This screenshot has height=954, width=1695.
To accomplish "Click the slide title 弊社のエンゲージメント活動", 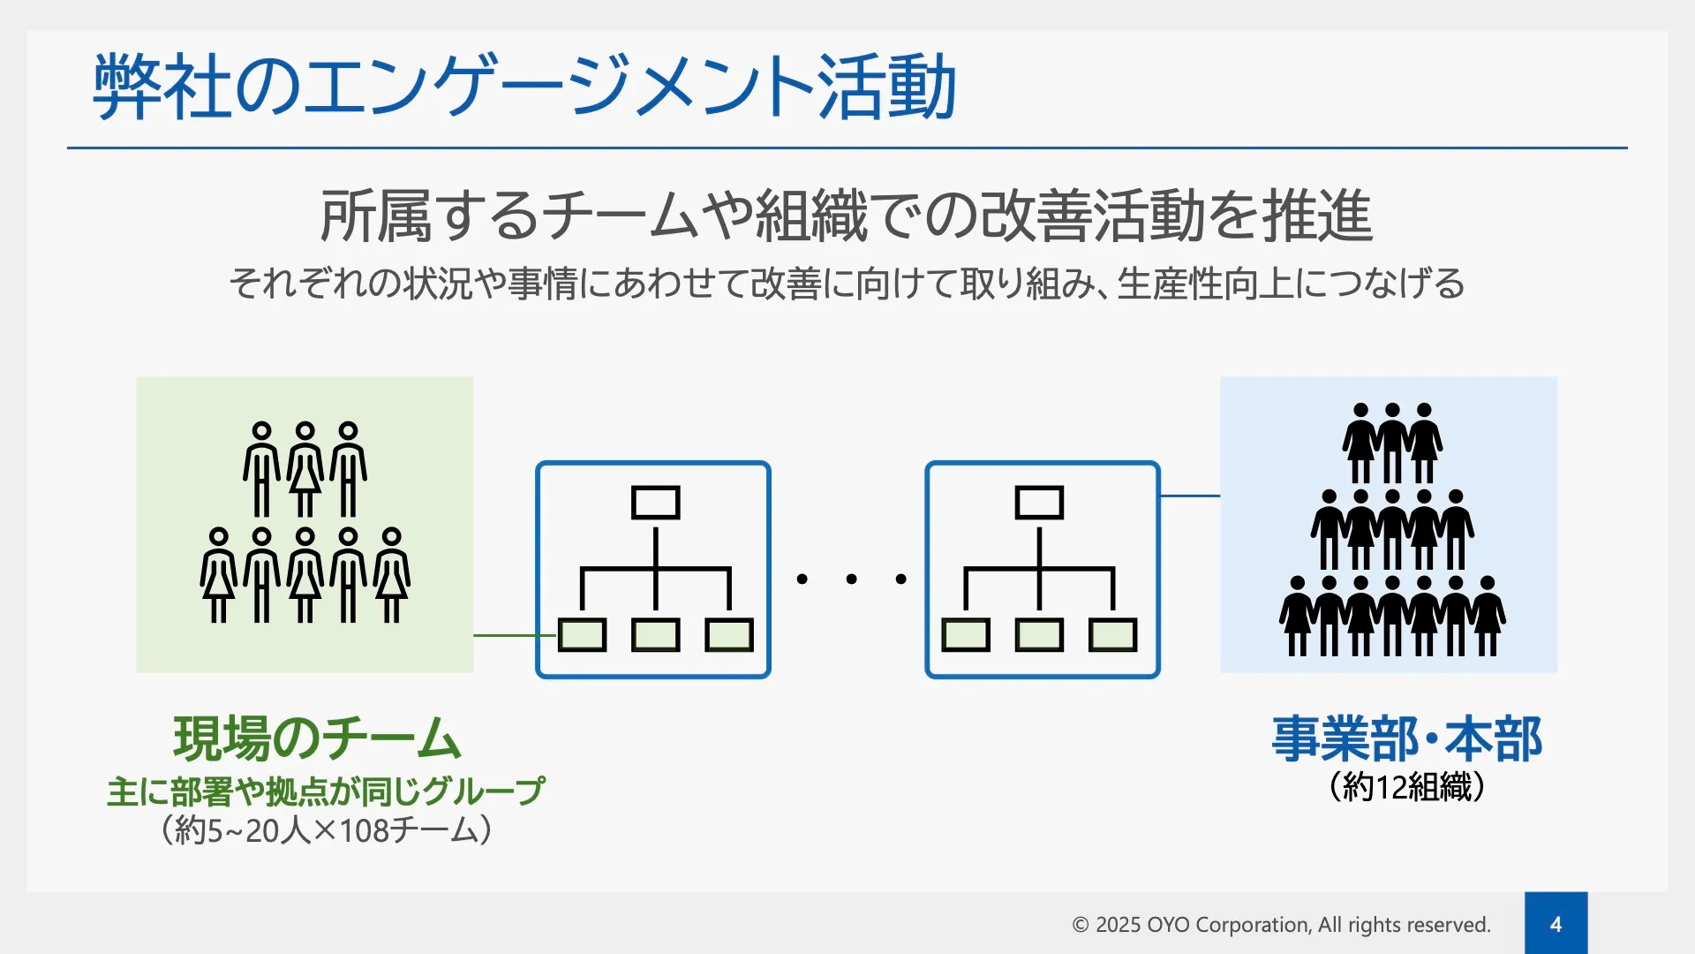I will (524, 86).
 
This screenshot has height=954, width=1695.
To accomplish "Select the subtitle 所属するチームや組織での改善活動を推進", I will (846, 216).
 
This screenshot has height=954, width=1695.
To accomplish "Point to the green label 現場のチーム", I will (317, 738).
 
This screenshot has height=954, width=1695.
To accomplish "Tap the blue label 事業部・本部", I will (1406, 738).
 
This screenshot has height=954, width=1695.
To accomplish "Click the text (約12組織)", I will (1406, 786).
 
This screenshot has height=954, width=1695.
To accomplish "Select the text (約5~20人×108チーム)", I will (326, 830).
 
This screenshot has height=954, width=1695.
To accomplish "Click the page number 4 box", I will (1556, 923).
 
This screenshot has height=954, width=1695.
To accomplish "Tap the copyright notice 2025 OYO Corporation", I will (1281, 925).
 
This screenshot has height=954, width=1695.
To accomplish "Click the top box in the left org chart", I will (655, 503).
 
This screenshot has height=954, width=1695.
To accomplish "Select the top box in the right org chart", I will (1039, 503).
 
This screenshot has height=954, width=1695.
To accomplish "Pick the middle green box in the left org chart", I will (655, 635).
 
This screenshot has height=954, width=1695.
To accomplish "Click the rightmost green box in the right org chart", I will (1112, 635).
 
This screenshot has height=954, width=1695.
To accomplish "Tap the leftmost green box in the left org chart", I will (582, 635).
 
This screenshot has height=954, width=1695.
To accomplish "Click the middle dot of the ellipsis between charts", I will (851, 579).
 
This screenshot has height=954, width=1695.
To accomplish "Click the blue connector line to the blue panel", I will (1190, 496).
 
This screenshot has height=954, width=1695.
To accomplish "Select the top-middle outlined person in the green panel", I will (305, 468).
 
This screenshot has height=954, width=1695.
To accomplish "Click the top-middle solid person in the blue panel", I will (1392, 442).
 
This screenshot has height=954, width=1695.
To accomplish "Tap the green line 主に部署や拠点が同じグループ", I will (326, 791).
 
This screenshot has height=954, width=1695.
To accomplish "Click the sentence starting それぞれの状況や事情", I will (847, 284).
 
